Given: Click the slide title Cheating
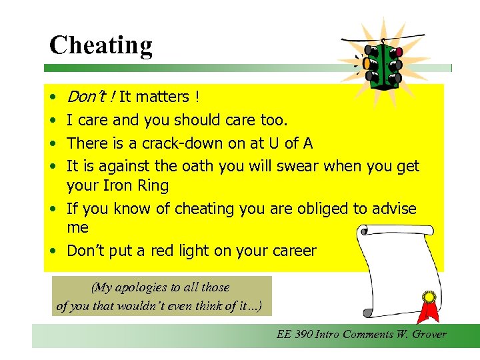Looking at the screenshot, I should click(101, 45).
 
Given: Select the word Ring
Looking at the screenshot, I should click(153, 185).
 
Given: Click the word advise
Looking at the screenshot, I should click(393, 209).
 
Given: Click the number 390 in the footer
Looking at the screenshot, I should click(305, 334).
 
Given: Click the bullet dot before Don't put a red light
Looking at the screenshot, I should click(51, 251).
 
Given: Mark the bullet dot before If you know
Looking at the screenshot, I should click(51, 209).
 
